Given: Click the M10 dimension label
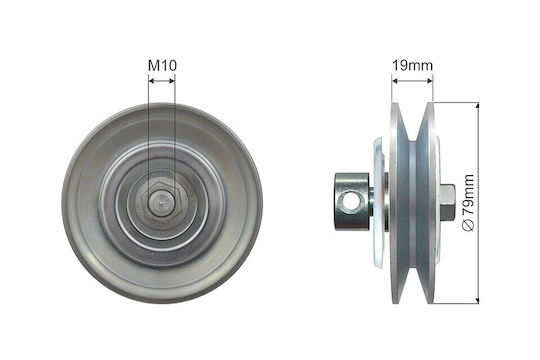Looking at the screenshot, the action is [162, 65].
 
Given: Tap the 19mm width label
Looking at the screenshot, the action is [412, 65].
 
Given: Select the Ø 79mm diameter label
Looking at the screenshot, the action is [469, 202].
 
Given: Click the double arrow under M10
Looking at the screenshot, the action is [162, 81].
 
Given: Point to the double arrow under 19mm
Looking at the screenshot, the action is [412, 81].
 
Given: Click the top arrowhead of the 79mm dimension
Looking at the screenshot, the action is [477, 105].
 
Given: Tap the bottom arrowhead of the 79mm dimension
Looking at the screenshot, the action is [477, 301].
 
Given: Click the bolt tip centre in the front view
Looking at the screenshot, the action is [161, 203].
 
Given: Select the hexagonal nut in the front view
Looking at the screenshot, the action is [161, 204].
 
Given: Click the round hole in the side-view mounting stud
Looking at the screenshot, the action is [349, 201].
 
